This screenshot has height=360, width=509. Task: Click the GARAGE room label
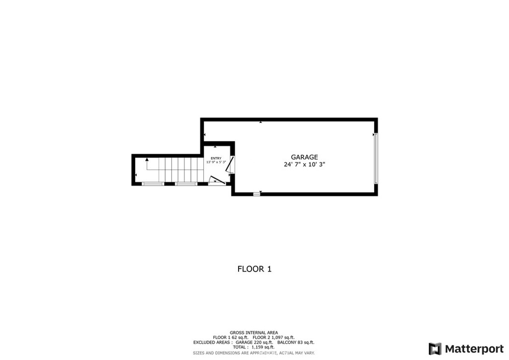(x=304, y=157)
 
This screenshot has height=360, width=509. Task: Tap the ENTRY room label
(x=216, y=158)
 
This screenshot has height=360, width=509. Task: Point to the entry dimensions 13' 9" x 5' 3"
(x=216, y=162)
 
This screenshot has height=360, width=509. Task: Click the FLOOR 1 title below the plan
(x=254, y=269)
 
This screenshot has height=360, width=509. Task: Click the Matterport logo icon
(x=435, y=349)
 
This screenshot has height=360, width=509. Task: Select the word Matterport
(x=474, y=349)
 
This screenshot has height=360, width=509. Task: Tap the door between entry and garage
(x=230, y=165)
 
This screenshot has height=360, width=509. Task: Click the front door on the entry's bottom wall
(x=216, y=181)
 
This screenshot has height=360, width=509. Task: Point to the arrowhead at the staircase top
(x=147, y=160)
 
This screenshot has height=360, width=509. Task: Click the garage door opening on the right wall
(x=376, y=158)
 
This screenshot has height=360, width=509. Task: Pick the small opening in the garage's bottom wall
(x=256, y=194)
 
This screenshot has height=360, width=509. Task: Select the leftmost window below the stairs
(x=153, y=184)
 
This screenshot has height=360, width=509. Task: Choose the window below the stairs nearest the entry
(x=186, y=184)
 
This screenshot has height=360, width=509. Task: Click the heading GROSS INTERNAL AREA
(x=254, y=333)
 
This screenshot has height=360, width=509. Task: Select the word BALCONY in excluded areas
(x=287, y=343)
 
